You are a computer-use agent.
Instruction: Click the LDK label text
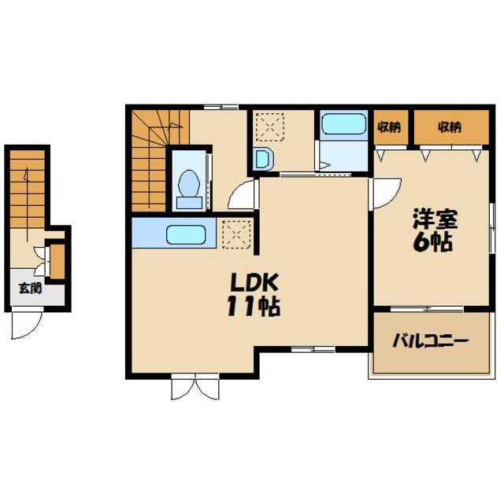coord(254,282)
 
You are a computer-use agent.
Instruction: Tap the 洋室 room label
coord(435,219)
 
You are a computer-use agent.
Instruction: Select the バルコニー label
coord(430,340)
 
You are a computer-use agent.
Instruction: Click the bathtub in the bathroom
coord(343,123)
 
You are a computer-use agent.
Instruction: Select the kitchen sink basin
coord(186,234)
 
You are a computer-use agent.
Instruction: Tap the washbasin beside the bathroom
coord(263,159)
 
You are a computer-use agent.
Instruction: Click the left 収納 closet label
coord(390,127)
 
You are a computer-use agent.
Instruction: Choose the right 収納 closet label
coord(450,127)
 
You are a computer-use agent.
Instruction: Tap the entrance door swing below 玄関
coord(27,322)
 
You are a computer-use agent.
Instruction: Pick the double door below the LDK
coord(195,387)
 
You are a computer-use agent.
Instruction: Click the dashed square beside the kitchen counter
coord(236,234)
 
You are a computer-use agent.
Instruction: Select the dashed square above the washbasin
coord(270,127)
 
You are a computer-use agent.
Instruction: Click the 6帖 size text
coord(432,241)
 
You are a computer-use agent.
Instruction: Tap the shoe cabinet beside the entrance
coord(57,261)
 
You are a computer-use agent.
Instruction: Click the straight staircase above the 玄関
coord(28,189)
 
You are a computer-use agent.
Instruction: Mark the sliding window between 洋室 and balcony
coord(427,309)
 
